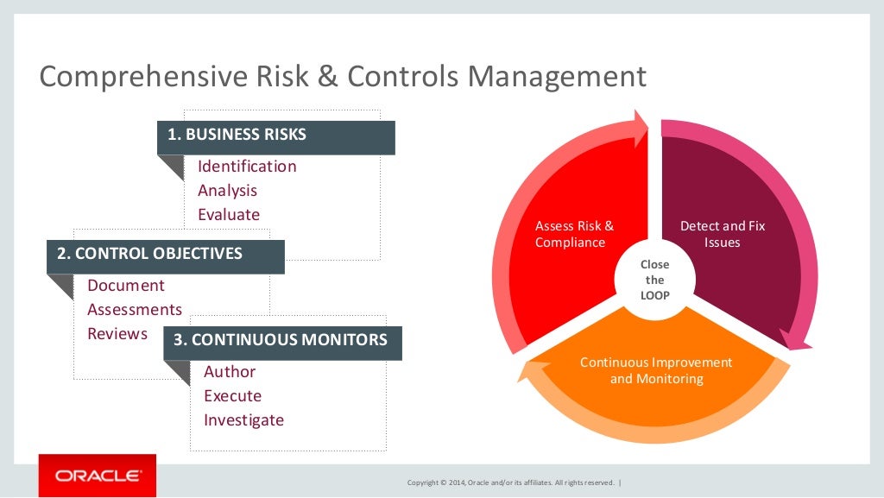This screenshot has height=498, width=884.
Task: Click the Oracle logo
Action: coord(98,476)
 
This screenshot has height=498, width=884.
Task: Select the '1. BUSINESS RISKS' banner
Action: coord(275,136)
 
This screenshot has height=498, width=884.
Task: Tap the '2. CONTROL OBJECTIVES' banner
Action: coord(165,255)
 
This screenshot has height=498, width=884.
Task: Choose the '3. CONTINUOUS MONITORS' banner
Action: coord(282,340)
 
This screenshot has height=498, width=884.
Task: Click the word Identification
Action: coord(247,167)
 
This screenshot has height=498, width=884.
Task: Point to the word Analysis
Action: coord(228,191)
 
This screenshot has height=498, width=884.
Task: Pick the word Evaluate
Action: coord(229,215)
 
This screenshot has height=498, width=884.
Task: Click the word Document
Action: coord(126,286)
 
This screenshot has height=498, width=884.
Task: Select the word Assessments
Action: coord(135,310)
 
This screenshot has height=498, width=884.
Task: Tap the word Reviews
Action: coord(117,334)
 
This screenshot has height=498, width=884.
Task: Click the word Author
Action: coord(230,372)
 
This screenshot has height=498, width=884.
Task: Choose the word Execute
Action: coord(232,396)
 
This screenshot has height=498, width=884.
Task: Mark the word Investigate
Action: coord(243,420)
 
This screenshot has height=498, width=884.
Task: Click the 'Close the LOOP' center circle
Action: coord(655,280)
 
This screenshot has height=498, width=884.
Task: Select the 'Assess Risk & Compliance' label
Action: coord(574,234)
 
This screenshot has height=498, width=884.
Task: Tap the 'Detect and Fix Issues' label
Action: coord(723,234)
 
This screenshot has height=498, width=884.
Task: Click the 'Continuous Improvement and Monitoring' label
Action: coord(656,370)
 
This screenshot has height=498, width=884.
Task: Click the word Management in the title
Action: coord(557,76)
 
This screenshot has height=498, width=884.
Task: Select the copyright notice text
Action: coord(510,482)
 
